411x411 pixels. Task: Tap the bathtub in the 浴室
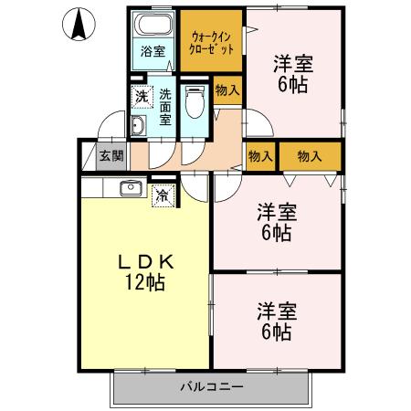153,24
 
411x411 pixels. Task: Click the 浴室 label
153,51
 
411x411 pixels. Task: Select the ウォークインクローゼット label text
212,42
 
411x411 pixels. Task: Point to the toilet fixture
193,103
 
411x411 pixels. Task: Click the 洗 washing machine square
142,94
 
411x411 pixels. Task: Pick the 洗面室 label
165,106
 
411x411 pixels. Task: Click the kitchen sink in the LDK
128,189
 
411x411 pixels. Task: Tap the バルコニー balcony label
211,387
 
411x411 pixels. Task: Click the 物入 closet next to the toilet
227,90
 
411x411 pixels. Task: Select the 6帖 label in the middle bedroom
275,232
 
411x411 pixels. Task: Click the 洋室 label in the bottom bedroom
275,309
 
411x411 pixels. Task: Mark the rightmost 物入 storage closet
310,156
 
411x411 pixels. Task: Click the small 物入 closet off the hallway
260,156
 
